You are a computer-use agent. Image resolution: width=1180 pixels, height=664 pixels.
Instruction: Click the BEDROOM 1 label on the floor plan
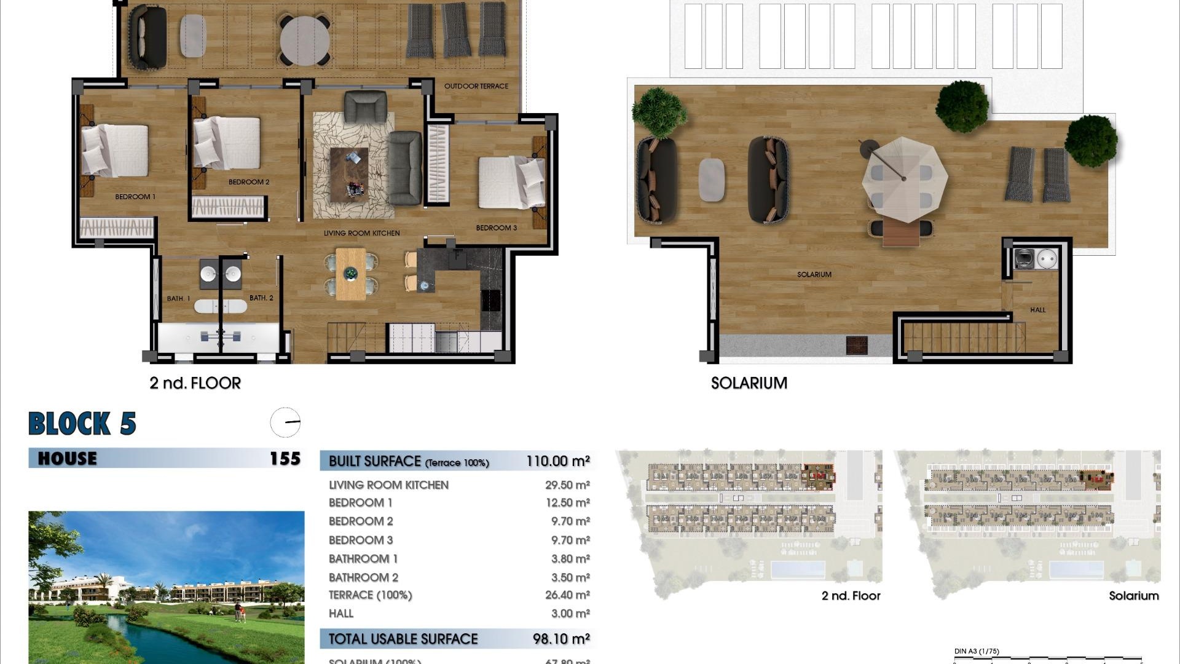(x=135, y=197)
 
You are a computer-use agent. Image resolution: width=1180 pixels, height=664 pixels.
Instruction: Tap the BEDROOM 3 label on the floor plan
(x=496, y=227)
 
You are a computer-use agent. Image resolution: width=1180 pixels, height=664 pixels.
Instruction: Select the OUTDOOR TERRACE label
(x=476, y=86)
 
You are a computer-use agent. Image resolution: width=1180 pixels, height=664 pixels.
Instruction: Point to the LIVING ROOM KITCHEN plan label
(x=361, y=233)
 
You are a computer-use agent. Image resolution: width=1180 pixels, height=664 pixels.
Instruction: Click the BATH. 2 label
(x=261, y=298)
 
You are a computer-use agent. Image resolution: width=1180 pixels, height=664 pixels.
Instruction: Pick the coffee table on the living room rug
(x=349, y=175)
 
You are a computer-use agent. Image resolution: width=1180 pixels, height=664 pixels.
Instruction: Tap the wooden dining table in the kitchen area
(x=350, y=274)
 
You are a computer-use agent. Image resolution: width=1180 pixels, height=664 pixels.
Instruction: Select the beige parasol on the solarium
(x=903, y=179)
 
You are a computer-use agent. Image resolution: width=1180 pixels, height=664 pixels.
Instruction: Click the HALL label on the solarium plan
(x=1037, y=310)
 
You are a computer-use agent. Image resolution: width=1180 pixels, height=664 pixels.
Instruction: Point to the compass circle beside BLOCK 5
(x=286, y=422)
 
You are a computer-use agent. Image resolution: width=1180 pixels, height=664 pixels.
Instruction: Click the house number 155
(x=285, y=459)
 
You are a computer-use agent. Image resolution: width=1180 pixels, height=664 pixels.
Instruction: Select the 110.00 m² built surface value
(x=557, y=461)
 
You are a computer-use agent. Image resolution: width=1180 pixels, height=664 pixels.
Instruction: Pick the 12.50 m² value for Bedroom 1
(x=567, y=503)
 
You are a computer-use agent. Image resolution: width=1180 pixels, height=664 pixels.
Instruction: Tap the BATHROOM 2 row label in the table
(x=363, y=577)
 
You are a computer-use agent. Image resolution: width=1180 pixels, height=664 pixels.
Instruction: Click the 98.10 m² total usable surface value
(x=561, y=639)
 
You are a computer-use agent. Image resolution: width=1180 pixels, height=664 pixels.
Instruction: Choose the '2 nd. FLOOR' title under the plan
(x=195, y=383)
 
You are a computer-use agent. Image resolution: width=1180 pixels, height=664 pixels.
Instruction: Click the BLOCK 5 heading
(x=82, y=424)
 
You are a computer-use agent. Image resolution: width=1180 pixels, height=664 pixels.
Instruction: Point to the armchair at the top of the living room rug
(x=366, y=106)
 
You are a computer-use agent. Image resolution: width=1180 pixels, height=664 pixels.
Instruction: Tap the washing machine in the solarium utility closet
(x=1025, y=259)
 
